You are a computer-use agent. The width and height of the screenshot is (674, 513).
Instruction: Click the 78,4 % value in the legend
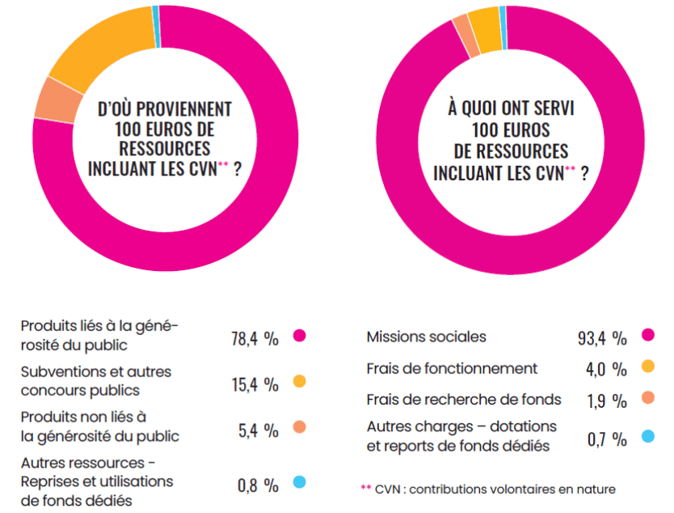pyautogui.click(x=255, y=339)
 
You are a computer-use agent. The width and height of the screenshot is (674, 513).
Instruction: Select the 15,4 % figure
pyautogui.click(x=255, y=385)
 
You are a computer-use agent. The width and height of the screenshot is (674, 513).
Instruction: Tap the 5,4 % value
pyautogui.click(x=259, y=430)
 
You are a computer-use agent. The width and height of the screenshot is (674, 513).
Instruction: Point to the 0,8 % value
pyautogui.click(x=258, y=485)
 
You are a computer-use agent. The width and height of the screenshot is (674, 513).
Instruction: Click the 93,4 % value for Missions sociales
pyautogui.click(x=602, y=338)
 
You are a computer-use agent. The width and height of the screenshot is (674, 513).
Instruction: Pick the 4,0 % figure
pyautogui.click(x=606, y=369)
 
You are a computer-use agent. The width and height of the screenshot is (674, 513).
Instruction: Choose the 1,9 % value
pyautogui.click(x=607, y=401)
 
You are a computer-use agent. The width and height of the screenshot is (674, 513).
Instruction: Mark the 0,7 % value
pyautogui.click(x=607, y=439)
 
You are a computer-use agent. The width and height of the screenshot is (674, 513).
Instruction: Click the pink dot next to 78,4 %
pyautogui.click(x=299, y=335)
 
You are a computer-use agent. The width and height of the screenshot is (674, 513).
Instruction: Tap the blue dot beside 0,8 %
pyautogui.click(x=299, y=481)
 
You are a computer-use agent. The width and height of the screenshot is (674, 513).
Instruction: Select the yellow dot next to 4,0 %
pyautogui.click(x=648, y=367)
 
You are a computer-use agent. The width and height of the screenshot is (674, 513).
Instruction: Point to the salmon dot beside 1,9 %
pyautogui.click(x=648, y=397)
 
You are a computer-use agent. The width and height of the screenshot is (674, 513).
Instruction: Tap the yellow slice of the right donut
pyautogui.click(x=485, y=29)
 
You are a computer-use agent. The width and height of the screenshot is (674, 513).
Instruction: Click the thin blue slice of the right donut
pyautogui.click(x=503, y=28)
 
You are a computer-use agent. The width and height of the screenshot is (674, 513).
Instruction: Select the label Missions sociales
pyautogui.click(x=426, y=337)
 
